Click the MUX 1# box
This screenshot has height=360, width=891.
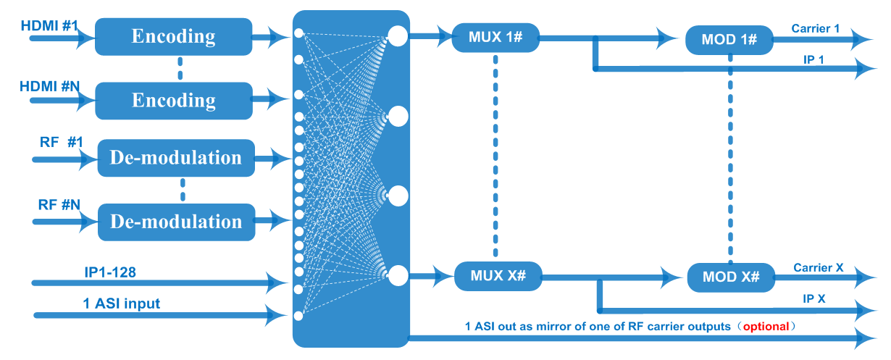click(x=495, y=37)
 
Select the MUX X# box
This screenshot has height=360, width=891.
click(x=497, y=275)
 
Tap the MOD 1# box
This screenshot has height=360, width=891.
click(x=729, y=40)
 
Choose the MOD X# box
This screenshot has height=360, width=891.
click(x=729, y=277)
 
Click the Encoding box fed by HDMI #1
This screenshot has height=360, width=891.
click(x=173, y=36)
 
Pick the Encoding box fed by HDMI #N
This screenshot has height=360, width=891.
click(x=173, y=100)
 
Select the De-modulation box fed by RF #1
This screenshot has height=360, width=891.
click(x=175, y=158)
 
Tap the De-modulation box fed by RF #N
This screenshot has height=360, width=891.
click(x=176, y=222)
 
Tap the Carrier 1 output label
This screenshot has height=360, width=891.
click(x=816, y=28)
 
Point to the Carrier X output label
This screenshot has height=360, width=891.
click(x=819, y=267)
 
